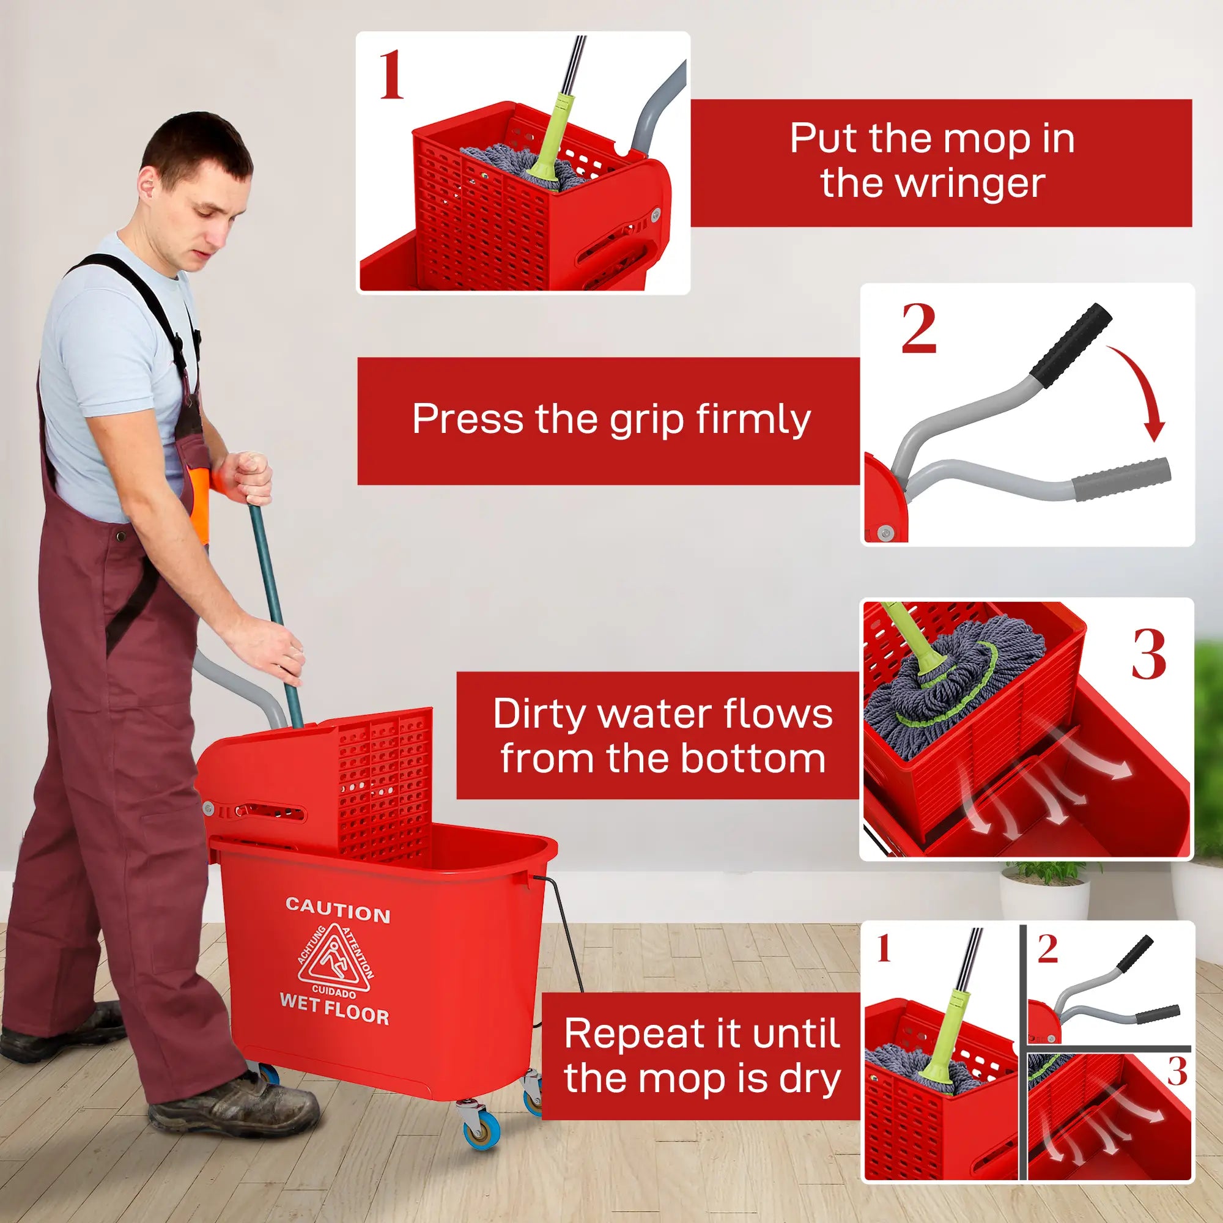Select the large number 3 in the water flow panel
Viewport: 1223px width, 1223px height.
tap(1148, 655)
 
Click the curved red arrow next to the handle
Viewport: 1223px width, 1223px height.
tap(1139, 393)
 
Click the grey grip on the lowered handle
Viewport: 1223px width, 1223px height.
tap(1120, 479)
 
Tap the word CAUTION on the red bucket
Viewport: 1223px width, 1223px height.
tap(338, 911)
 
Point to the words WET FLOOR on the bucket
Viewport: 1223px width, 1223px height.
tap(334, 1010)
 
